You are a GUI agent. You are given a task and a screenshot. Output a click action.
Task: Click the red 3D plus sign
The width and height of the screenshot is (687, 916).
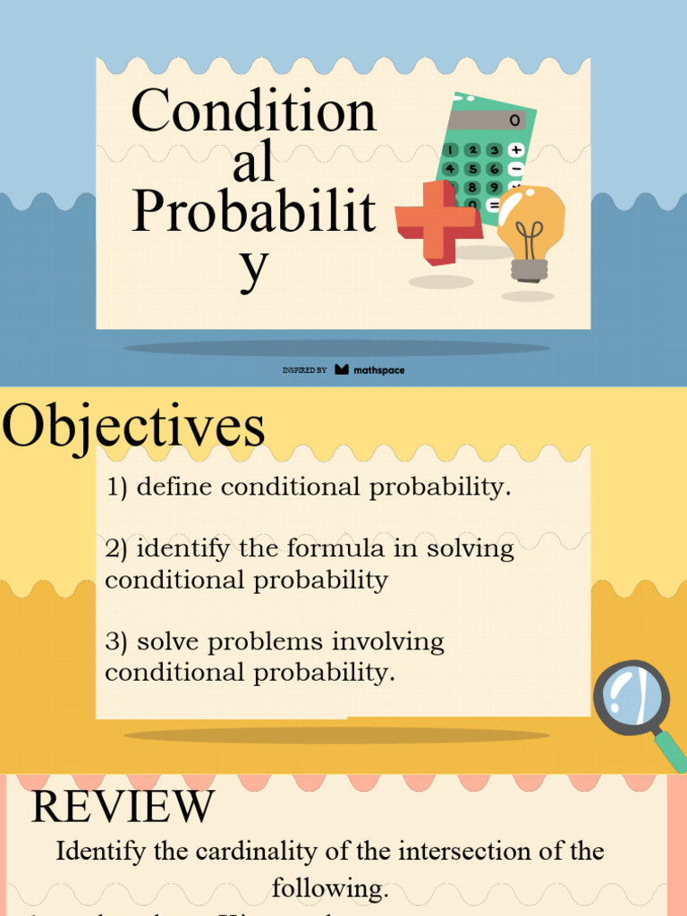pos(437,222)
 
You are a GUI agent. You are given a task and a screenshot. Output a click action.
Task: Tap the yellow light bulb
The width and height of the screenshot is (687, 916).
pos(530,218)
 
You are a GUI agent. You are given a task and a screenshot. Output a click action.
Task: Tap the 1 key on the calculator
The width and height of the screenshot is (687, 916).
pos(452,149)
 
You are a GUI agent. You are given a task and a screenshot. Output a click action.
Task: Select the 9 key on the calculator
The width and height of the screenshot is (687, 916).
pos(494,188)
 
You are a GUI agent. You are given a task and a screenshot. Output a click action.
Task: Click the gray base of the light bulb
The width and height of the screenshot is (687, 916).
pos(529,269)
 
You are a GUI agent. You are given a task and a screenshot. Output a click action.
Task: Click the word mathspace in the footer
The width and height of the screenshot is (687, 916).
pos(378,369)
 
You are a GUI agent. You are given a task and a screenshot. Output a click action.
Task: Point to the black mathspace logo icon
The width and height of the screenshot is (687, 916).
pos(342,369)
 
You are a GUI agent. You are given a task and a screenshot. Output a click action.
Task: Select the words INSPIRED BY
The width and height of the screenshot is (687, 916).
pos(304,369)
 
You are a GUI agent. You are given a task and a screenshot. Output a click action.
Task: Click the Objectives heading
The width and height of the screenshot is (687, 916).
pos(134,428)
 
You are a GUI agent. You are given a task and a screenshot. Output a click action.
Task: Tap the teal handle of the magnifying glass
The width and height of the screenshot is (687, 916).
pos(671,751)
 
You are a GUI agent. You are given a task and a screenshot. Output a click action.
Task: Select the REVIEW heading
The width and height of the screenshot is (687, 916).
pos(123,807)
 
